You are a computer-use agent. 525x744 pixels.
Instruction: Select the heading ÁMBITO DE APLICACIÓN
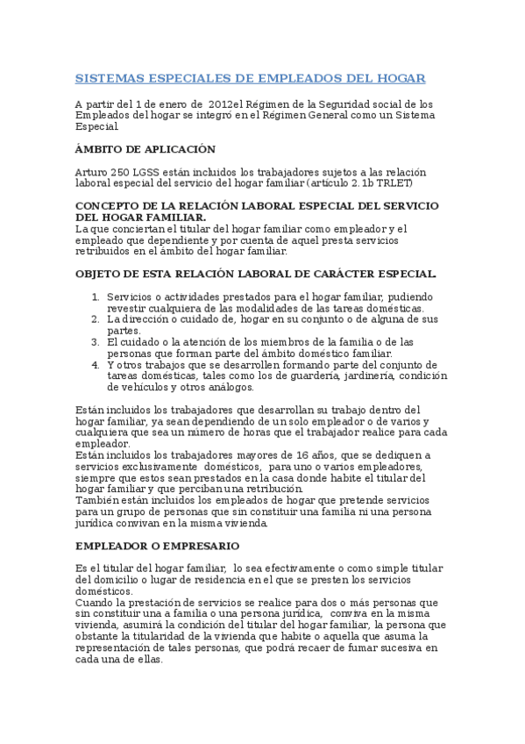coord(145,149)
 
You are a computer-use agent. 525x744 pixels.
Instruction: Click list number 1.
coord(96,297)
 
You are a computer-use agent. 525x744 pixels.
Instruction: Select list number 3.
coord(96,342)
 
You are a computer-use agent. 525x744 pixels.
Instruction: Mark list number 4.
coord(96,364)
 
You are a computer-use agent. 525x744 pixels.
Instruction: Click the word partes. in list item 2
coord(124,331)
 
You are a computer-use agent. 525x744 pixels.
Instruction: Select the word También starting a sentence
coord(98,501)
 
